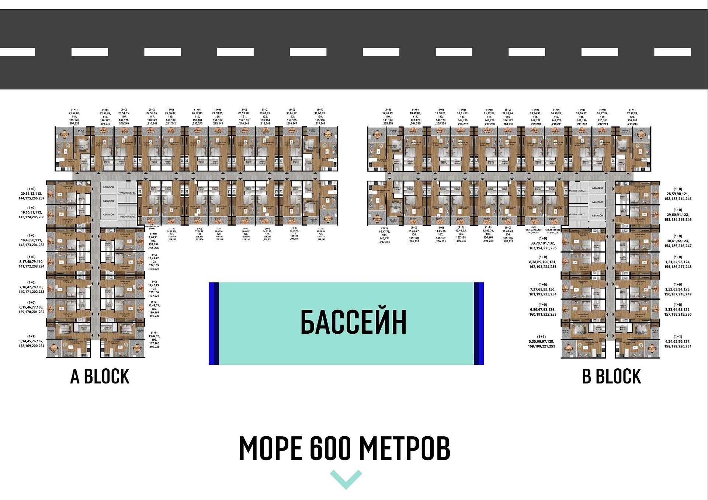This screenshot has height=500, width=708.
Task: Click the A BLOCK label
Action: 100,376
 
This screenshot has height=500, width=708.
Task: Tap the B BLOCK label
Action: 611,376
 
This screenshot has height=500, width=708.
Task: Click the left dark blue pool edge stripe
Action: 214,323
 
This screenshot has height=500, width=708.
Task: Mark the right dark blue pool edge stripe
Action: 479,323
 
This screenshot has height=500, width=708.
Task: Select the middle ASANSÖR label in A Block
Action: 108,201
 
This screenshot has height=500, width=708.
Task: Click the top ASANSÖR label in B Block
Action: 597,188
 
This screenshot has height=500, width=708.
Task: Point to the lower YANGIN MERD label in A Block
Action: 127,216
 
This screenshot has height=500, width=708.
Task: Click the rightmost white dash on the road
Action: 672,52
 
